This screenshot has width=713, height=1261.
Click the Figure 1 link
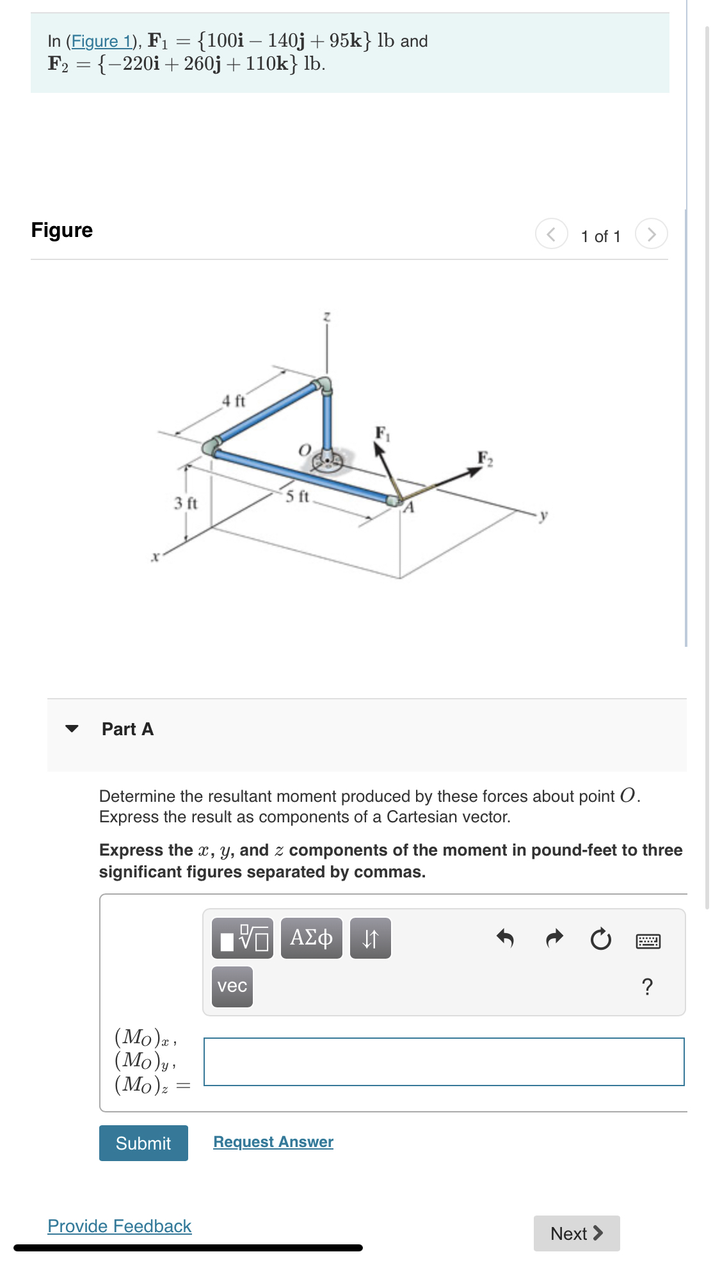click(101, 42)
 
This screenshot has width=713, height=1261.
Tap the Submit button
click(143, 1143)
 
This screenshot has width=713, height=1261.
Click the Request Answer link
click(273, 1142)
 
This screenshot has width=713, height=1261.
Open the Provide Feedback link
click(120, 1226)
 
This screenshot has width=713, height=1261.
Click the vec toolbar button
click(232, 986)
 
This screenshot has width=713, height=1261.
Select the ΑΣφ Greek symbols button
click(311, 938)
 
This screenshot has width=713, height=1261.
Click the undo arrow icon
click(505, 939)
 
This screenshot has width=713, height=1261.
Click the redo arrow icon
click(554, 939)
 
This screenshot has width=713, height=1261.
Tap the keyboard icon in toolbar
click(648, 941)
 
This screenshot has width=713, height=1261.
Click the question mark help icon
click(647, 987)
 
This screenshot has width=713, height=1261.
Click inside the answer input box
click(444, 1062)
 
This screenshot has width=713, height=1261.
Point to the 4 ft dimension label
click(234, 402)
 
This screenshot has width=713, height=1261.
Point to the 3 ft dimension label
click(186, 503)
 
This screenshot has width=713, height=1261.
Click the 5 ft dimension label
click(297, 496)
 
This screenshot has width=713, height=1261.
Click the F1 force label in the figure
click(382, 434)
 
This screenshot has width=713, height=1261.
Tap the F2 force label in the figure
click(485, 459)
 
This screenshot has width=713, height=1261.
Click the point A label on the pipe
click(409, 508)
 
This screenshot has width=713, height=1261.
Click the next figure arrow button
click(651, 234)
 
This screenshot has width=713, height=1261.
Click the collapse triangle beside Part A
click(72, 729)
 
